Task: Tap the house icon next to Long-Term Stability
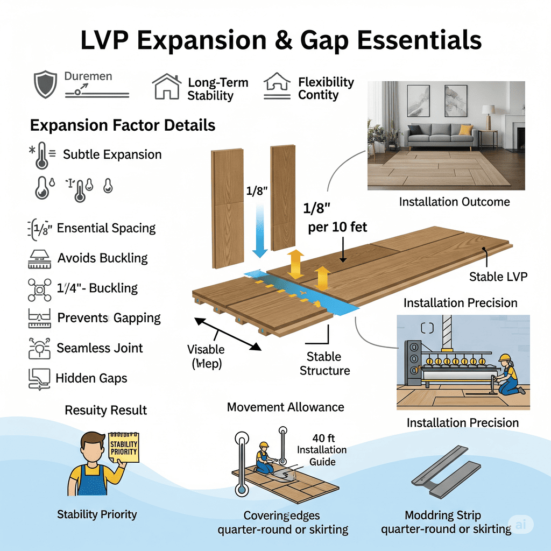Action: [166, 87]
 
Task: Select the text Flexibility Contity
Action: [326, 89]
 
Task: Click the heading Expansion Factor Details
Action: [123, 125]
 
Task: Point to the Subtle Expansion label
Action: [112, 154]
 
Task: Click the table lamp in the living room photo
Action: [488, 114]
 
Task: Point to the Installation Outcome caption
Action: [454, 202]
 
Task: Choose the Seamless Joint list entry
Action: [100, 348]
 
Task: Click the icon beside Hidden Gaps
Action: [38, 378]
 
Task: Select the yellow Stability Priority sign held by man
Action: [123, 447]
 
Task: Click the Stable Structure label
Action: [324, 363]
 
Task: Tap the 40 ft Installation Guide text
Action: [322, 449]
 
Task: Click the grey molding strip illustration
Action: [448, 471]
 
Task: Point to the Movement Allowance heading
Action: [285, 407]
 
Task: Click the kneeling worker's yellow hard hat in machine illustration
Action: [504, 357]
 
